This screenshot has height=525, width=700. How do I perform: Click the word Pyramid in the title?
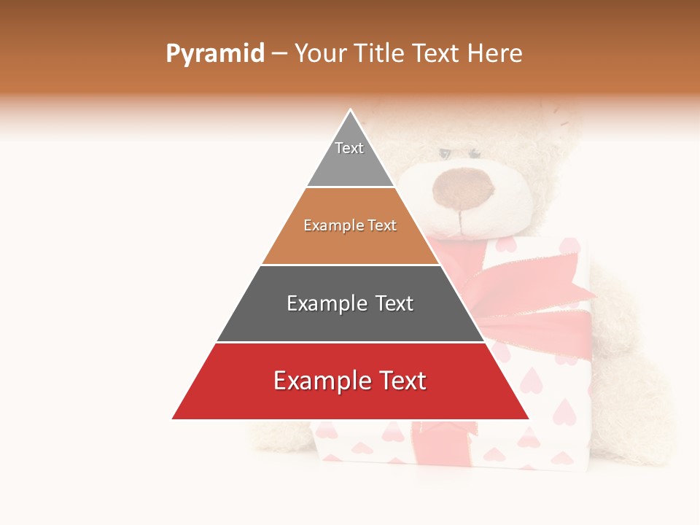click(x=215, y=53)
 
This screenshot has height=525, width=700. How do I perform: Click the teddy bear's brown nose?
click(x=462, y=188)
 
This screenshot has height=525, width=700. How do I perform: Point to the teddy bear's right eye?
click(x=475, y=154)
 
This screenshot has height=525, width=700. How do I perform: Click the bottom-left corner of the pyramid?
click(x=174, y=419)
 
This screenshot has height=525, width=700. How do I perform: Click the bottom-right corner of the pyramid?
click(x=528, y=419)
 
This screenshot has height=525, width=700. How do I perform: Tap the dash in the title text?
click(x=279, y=53)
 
